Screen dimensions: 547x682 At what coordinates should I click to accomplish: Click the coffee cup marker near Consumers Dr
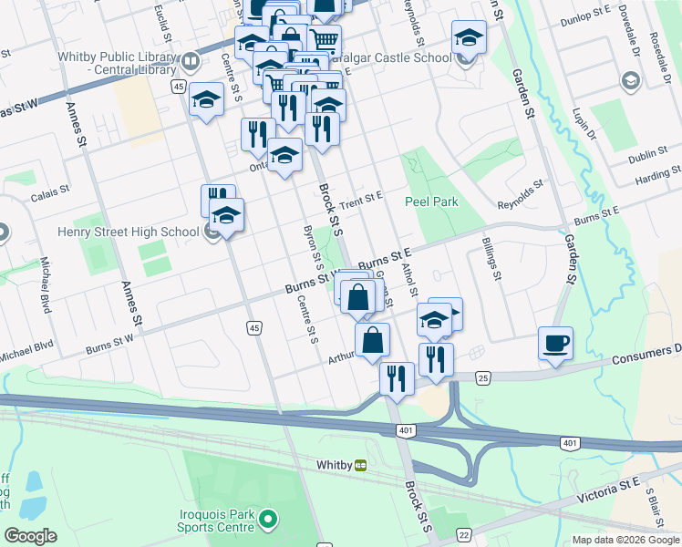(x=555, y=345)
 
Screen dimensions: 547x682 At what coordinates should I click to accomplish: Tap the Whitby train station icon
(x=360, y=464)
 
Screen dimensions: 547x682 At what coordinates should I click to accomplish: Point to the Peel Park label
(x=431, y=201)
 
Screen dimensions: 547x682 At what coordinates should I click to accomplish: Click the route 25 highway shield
(x=484, y=377)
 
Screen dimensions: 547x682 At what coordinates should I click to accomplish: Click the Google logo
(x=30, y=535)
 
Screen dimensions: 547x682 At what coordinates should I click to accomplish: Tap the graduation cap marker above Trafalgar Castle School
(x=469, y=37)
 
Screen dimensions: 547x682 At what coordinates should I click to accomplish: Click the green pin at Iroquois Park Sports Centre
(x=267, y=521)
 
